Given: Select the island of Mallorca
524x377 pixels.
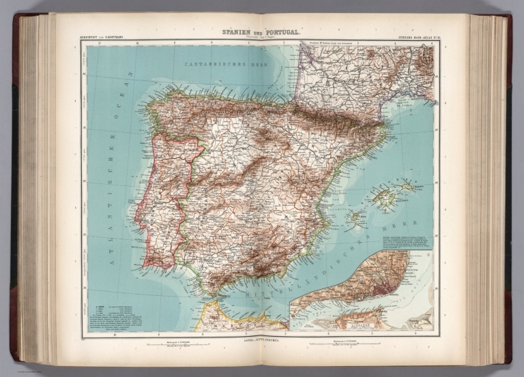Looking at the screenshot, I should [x=385, y=198].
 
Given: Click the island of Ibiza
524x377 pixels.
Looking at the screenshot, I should [x=355, y=217].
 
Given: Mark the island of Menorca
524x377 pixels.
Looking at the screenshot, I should [x=408, y=185].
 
